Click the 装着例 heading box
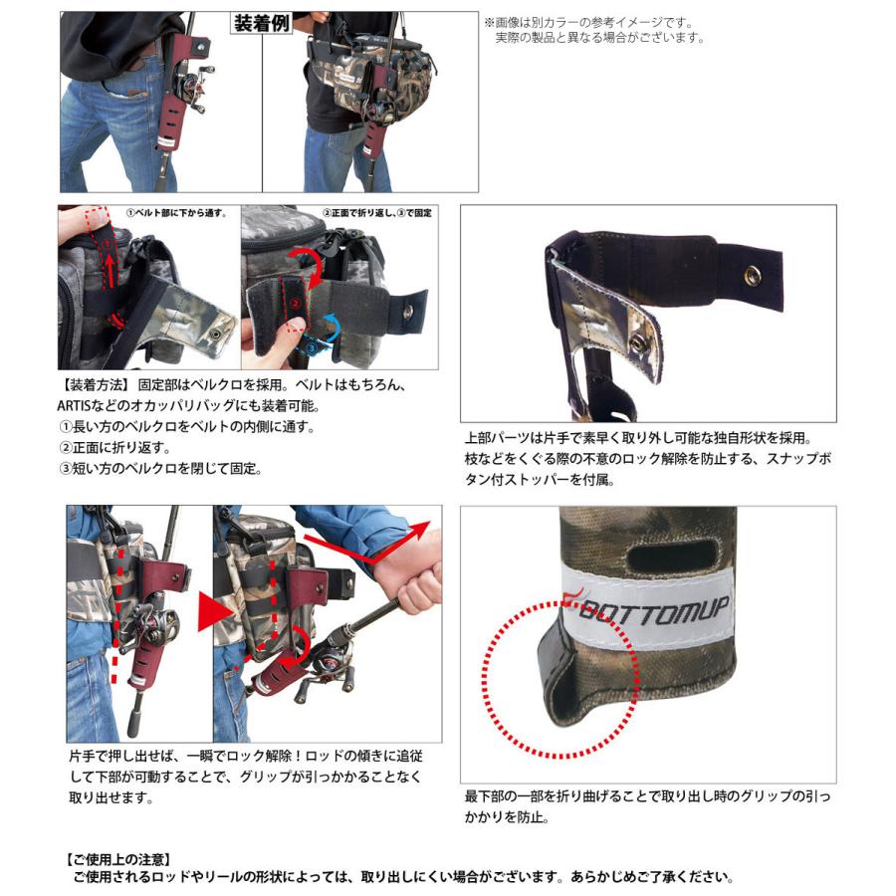[261, 23]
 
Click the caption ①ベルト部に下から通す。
[176, 214]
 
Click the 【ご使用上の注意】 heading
[116, 858]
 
